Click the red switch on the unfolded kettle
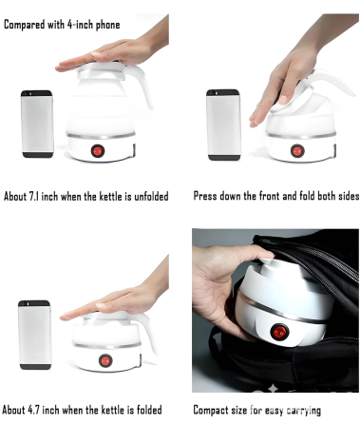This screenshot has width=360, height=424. pyautogui.click(x=98, y=151)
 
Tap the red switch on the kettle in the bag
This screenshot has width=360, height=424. pyautogui.click(x=279, y=333)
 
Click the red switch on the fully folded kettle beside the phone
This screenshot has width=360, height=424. pyautogui.click(x=105, y=360)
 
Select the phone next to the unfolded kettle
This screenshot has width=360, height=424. pyautogui.click(x=37, y=124)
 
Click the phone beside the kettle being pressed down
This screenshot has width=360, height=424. pyautogui.click(x=223, y=125)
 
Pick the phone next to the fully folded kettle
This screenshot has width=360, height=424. pyautogui.click(x=34, y=335)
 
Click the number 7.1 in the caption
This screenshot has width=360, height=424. pyautogui.click(x=34, y=197)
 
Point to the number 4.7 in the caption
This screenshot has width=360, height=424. pyautogui.click(x=33, y=410)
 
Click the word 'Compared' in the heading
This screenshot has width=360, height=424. pyautogui.click(x=24, y=25)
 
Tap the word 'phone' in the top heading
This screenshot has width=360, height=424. pyautogui.click(x=107, y=25)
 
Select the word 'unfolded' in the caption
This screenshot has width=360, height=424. pyautogui.click(x=151, y=197)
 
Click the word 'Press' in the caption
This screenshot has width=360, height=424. pyautogui.click(x=205, y=196)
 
